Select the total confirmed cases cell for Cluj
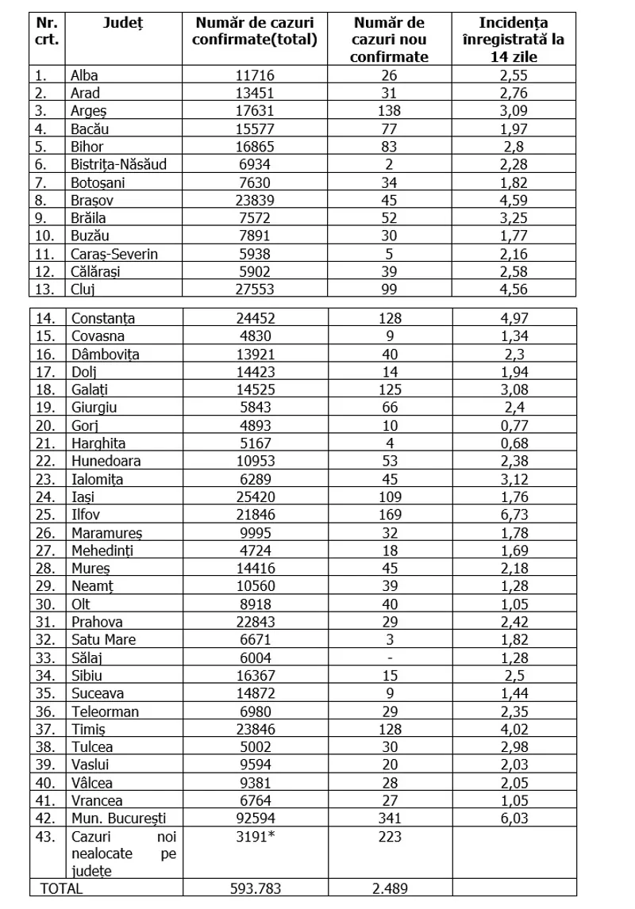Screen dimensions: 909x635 (x=249, y=288)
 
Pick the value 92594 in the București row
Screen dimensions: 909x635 (x=249, y=817)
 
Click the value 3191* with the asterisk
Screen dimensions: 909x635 (x=249, y=835)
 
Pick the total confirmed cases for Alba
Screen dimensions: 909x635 (x=249, y=76)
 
